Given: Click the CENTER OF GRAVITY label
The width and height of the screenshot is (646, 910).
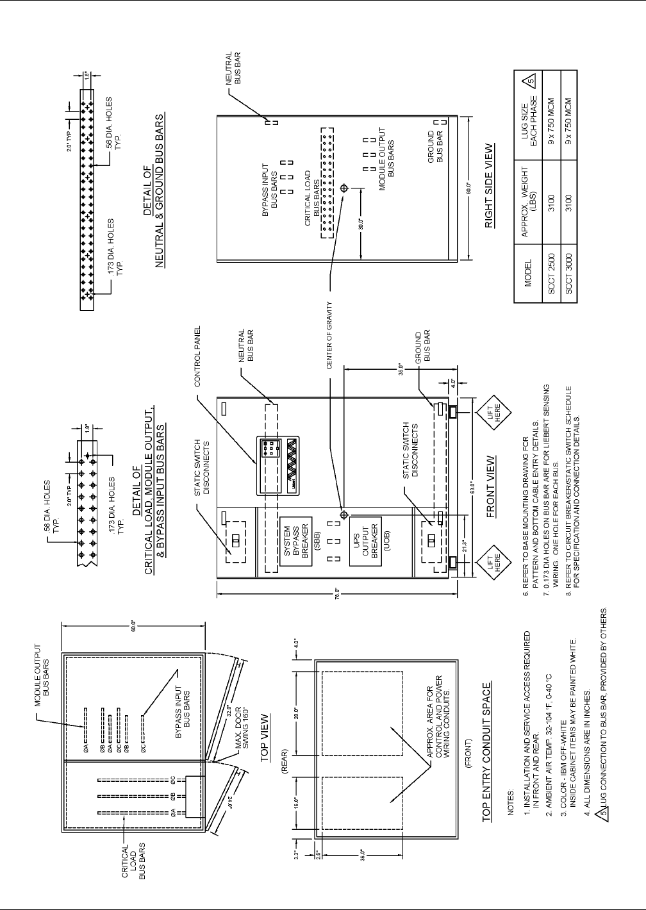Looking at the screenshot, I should (329, 336).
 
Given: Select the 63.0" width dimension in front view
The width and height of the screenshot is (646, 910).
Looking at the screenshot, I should (470, 486).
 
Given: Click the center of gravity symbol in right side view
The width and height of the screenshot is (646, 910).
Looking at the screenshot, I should (344, 188).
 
